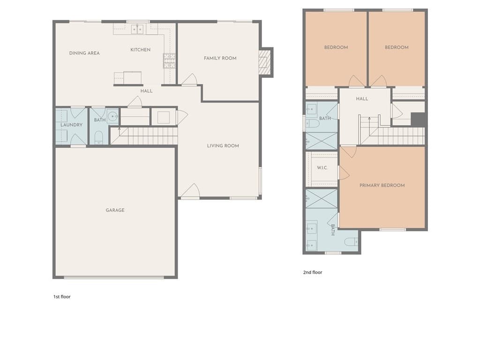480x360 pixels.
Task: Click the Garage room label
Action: coord(115,210)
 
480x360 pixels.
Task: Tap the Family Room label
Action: coord(220,58)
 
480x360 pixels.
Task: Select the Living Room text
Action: coord(223,146)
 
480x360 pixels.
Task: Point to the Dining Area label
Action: coord(84,53)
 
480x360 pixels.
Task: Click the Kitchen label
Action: coord(141,50)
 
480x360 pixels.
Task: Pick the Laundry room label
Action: coord(71,125)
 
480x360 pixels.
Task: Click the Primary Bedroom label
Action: coord(382,185)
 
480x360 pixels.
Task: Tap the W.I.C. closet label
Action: coord(322,168)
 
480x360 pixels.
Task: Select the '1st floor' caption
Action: coord(62,297)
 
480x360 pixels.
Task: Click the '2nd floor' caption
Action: coord(313,272)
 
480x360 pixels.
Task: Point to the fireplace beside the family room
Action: coord(265,62)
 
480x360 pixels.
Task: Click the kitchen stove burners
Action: coord(169,60)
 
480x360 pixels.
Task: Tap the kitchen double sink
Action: coord(137,30)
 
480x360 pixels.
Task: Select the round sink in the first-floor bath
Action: coord(112,116)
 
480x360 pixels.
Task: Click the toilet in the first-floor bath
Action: coord(98,137)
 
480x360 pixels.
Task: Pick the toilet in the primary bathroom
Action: coord(352,242)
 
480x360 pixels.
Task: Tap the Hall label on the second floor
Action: coord(362,99)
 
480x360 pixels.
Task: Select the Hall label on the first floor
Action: coord(146,91)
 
